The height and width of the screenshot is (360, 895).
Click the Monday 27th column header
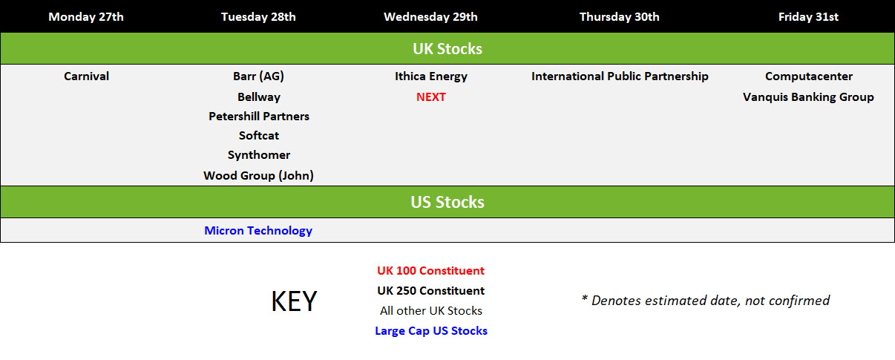[x=86, y=17]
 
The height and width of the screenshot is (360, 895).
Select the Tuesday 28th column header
[x=258, y=17]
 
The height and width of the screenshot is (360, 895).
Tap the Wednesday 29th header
[x=430, y=17]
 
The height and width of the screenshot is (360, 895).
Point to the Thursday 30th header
[x=620, y=17]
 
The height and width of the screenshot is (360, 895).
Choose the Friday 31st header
[x=808, y=17]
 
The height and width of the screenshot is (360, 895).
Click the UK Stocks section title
[x=447, y=49]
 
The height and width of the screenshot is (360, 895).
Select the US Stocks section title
[x=447, y=202]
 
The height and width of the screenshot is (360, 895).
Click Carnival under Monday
[x=86, y=76]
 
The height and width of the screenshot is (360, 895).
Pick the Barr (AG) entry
[x=258, y=76]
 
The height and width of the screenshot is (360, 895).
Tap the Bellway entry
[x=259, y=97]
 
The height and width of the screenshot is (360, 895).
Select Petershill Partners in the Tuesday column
[x=259, y=117]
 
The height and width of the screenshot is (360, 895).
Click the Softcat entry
[x=259, y=135]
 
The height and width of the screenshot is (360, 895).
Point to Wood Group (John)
[x=258, y=175]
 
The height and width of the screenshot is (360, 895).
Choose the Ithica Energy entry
[x=431, y=76]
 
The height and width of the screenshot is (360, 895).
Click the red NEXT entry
[x=430, y=97]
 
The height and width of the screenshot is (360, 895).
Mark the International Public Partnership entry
[x=620, y=76]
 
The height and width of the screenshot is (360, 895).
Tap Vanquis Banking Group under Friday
[x=808, y=97]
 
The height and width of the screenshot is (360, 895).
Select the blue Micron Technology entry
[x=258, y=231]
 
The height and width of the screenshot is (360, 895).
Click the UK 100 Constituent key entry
[x=430, y=270]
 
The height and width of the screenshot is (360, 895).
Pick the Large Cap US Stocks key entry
[x=431, y=331]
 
